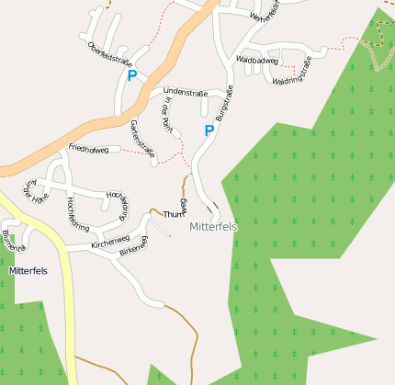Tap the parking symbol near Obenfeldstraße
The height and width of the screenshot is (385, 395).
tap(132, 76)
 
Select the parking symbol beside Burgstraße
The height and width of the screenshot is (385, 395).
tap(209, 130)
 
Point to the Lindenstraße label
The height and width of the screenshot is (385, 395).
tap(184, 92)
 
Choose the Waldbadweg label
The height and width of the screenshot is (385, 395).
tap(257, 60)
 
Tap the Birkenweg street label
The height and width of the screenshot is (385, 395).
tap(133, 245)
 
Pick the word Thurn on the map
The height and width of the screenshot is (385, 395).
tap(174, 214)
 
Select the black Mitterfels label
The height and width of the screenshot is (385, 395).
tap(28, 271)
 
